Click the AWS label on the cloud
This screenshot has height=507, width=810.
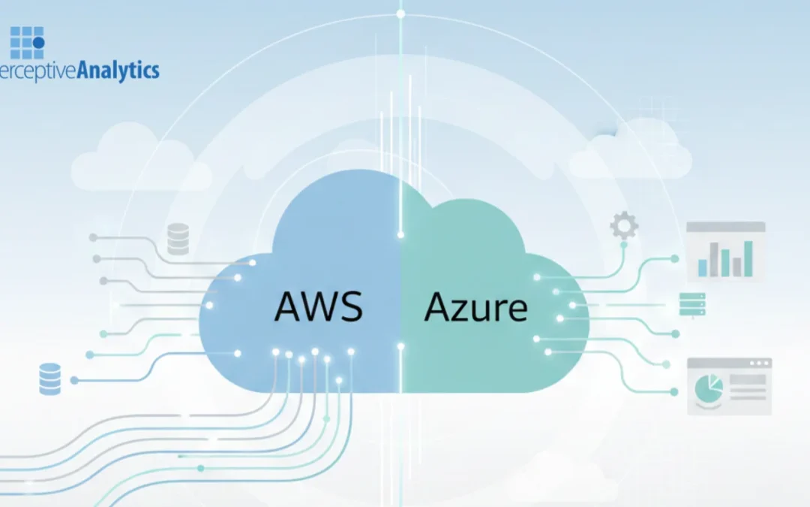pos(319,306)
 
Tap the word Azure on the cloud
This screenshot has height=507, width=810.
pos(475,307)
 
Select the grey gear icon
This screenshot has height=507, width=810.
pos(624,225)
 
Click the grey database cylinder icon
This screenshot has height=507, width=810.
pos(178,240)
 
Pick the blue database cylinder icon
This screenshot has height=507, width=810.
pos(49,379)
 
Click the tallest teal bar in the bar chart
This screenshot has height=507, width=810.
pos(748,258)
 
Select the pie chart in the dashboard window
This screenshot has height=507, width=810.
pos(708,388)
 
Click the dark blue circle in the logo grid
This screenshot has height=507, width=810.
pos(38,43)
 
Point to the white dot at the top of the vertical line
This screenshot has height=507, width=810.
pos(400,14)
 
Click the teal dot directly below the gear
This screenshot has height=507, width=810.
pos(623,244)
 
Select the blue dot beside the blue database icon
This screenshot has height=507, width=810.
pos(73,380)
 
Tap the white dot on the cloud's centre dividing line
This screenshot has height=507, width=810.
pos(400,346)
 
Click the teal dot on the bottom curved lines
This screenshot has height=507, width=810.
pos(200,468)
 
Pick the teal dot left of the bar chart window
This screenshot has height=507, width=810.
pos(674,258)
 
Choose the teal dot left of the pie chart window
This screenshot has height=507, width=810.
pos(674,391)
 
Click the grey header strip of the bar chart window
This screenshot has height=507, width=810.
pos(726,227)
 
